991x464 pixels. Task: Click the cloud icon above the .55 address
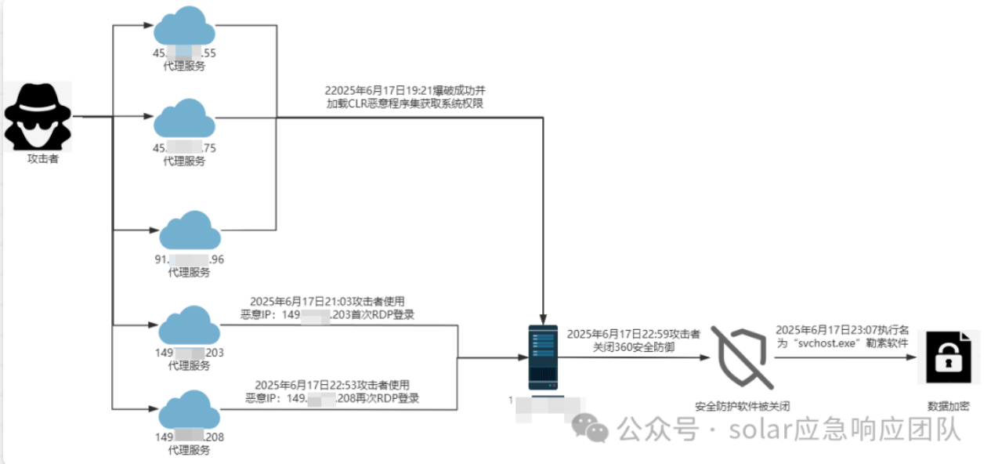pyautogui.click(x=184, y=28)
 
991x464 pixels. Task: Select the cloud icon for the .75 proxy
pyautogui.click(x=184, y=119)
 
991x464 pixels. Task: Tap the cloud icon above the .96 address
pyautogui.click(x=190, y=231)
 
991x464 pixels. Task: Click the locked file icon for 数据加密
pyautogui.click(x=948, y=357)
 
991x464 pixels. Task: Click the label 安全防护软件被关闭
pyautogui.click(x=742, y=406)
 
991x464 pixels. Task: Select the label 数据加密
pyautogui.click(x=948, y=406)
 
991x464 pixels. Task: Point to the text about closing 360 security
pyautogui.click(x=633, y=340)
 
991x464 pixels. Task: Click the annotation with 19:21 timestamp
pyautogui.click(x=411, y=97)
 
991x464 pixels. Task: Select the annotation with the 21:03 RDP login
pyautogui.click(x=328, y=308)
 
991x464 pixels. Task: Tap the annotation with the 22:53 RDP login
pyautogui.click(x=332, y=391)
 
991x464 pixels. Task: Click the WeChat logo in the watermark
pyautogui.click(x=590, y=428)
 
